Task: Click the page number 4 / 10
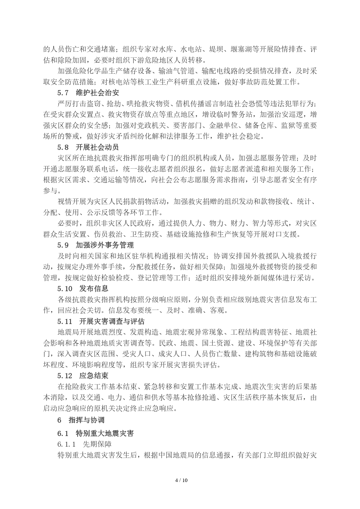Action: pos(182,480)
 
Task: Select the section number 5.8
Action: pos(63,147)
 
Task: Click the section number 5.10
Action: pos(64,289)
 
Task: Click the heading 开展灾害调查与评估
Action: pos(112,322)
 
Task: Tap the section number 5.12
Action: pos(64,376)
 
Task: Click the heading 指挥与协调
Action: pos(86,420)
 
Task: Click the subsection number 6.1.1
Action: pos(66,444)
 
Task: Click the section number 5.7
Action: pos(63,93)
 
